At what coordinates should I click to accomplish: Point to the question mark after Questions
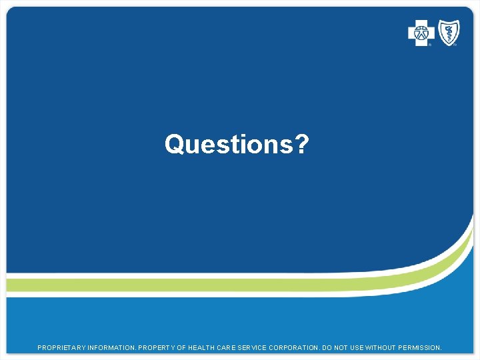coord(302,144)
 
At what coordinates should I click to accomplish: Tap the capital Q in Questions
coord(175,144)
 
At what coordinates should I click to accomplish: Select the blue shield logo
coord(448,33)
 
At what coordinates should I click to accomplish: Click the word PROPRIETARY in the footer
coord(62,348)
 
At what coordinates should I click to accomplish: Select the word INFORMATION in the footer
coord(112,348)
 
